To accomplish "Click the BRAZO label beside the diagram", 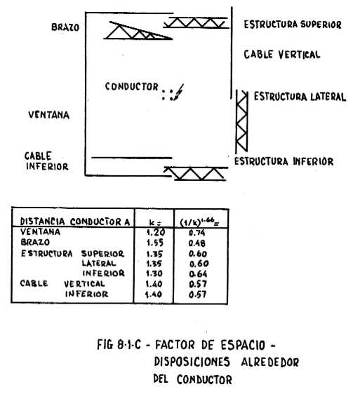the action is [x=65, y=27].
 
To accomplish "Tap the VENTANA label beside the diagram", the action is [x=49, y=115].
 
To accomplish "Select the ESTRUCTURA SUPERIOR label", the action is [x=293, y=25].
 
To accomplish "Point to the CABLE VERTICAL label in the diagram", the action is [x=282, y=55].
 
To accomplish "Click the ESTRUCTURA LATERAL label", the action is [x=300, y=97].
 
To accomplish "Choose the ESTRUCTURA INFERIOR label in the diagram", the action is [x=284, y=161].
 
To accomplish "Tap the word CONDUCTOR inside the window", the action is [x=131, y=86].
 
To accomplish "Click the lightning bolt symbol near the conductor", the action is [x=179, y=93].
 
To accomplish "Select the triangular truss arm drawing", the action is [x=138, y=31].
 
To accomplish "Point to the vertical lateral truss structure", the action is [x=242, y=121].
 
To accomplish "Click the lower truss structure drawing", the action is [x=196, y=173].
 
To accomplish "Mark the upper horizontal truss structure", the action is [x=196, y=22].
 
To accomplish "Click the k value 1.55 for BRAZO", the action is [x=155, y=243].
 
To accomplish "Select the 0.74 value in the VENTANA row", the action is [x=197, y=233].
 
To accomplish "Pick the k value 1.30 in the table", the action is [x=154, y=273].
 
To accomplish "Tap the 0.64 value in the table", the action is [x=198, y=273].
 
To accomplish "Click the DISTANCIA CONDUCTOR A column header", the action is [x=75, y=222].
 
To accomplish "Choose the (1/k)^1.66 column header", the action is [x=199, y=222].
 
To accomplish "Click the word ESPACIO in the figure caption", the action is [x=243, y=345].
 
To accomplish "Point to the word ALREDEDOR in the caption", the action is [x=270, y=362].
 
